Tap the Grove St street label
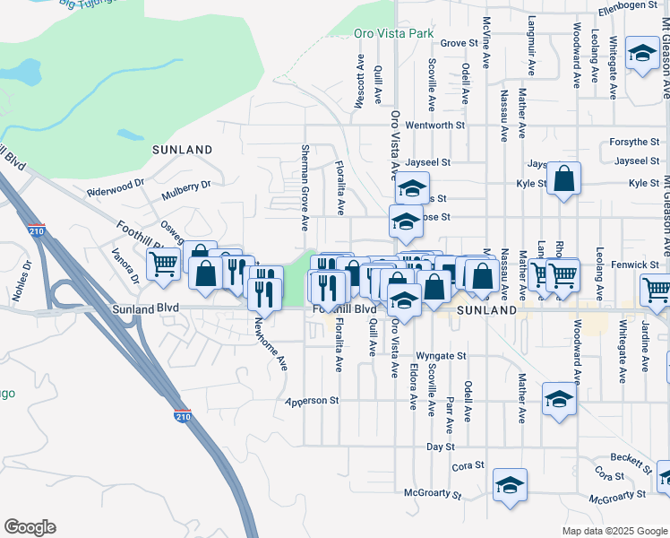point(459,43)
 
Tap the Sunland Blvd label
point(146,308)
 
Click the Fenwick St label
point(637,265)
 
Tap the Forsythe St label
point(637,142)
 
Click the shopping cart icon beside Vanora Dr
point(163,265)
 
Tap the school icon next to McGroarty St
point(510,484)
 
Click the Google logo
point(30,527)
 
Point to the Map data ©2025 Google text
point(614,531)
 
